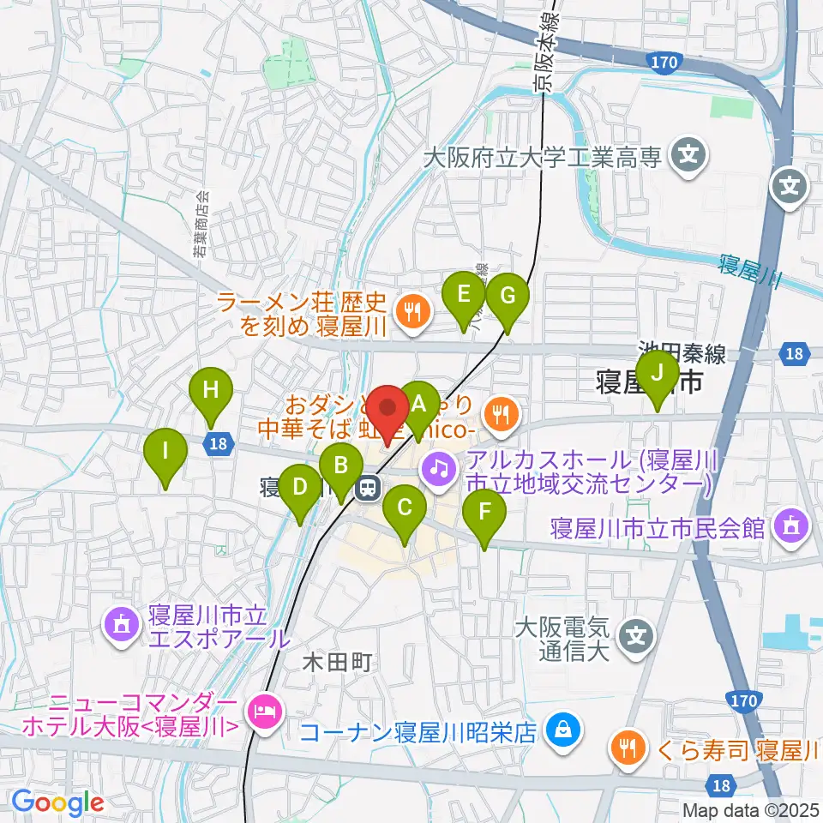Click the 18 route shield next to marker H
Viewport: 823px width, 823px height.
click(219, 443)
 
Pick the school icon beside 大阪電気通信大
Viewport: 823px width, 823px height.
click(636, 635)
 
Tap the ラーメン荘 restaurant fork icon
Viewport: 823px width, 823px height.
click(413, 313)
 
